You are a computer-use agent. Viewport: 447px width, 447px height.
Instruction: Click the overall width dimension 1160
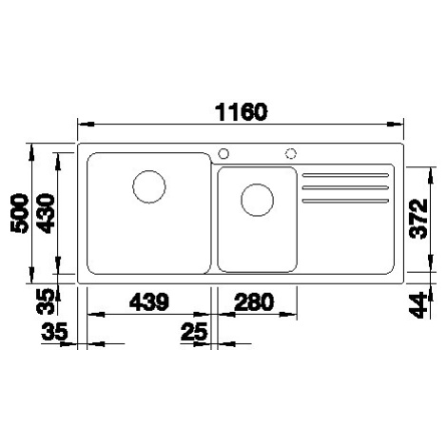pyautogui.click(x=241, y=111)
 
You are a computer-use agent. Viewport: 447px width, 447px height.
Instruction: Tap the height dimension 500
pyautogui.click(x=20, y=214)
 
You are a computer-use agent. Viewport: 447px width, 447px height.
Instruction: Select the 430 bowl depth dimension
pyautogui.click(x=45, y=214)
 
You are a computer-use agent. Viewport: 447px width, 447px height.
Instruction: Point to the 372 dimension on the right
pyautogui.click(x=418, y=219)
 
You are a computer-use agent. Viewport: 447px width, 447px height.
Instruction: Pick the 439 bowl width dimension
pyautogui.click(x=149, y=301)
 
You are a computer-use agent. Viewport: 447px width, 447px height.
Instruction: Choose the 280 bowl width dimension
pyautogui.click(x=254, y=301)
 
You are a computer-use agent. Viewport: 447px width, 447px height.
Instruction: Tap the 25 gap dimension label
pyautogui.click(x=194, y=332)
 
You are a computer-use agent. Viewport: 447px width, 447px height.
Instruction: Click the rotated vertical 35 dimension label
pyautogui.click(x=46, y=301)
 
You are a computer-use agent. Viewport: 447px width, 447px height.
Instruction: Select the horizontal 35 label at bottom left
pyautogui.click(x=54, y=332)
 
